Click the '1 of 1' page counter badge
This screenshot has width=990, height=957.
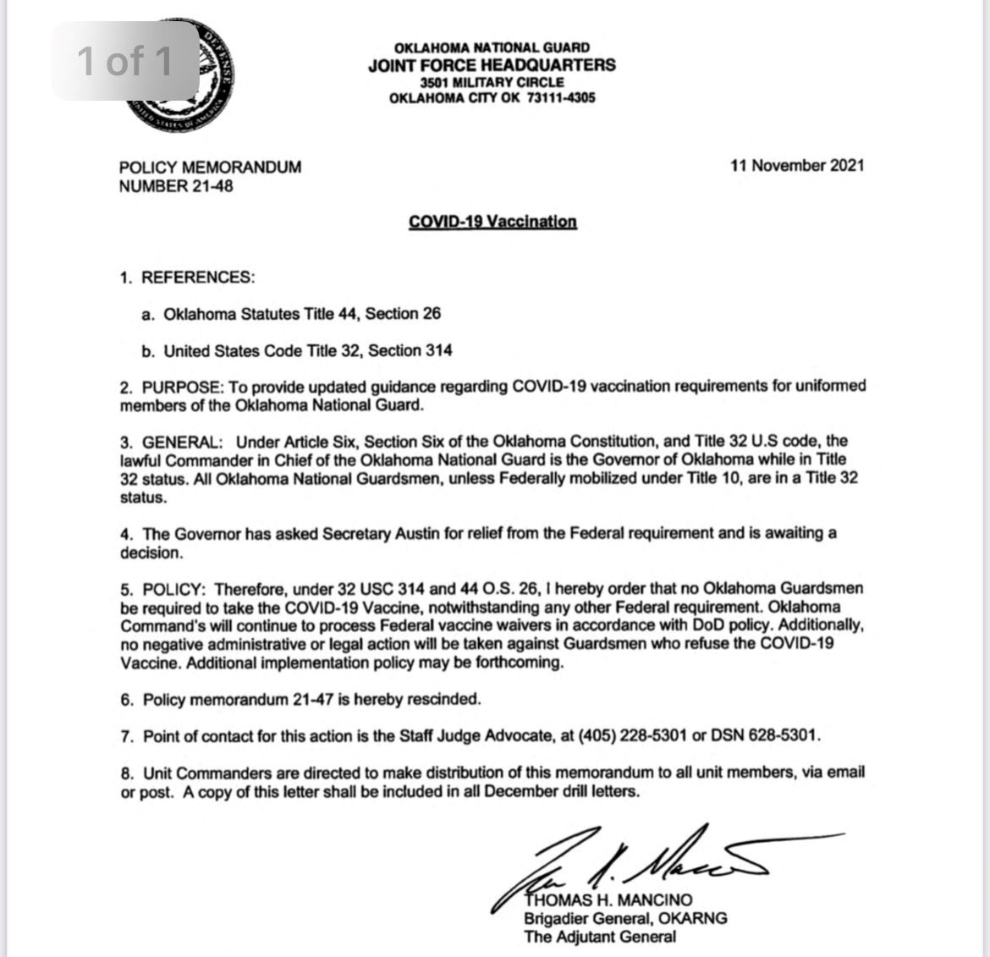tap(125, 61)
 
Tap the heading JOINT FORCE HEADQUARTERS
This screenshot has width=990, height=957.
tap(492, 65)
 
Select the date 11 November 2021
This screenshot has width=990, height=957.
tap(797, 166)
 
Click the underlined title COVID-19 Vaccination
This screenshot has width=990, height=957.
tap(492, 222)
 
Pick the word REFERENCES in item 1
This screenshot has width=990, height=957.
tap(197, 278)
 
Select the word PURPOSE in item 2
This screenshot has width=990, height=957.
tap(182, 387)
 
